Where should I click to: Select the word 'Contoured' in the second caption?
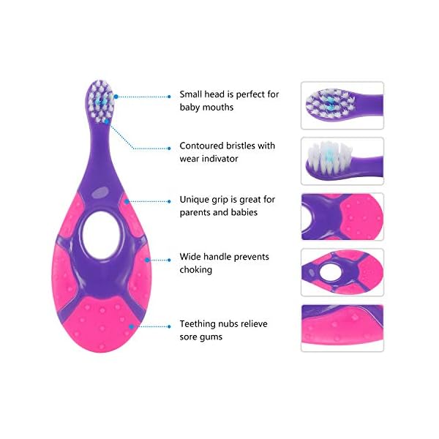pos(203,146)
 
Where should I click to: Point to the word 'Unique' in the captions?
pos(195,199)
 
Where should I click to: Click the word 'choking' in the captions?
pos(195,270)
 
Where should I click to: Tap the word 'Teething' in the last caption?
pos(199,323)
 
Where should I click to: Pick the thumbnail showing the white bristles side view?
pos(342,161)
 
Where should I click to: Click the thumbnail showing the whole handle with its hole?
pos(342,272)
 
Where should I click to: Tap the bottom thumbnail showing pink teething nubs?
pos(342,328)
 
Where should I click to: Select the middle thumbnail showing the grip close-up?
pos(342,217)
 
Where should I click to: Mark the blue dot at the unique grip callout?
pos(128,199)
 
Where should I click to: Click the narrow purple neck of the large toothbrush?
pos(101,146)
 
